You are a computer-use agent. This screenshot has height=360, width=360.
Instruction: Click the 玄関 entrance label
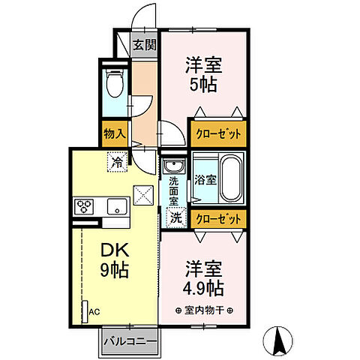145,44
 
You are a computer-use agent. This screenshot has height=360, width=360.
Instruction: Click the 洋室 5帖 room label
202,75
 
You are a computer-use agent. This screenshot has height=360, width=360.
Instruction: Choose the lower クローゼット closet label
218,218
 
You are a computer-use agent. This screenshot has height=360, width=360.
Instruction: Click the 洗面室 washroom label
173,192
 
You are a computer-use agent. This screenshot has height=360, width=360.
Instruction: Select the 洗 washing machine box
174,218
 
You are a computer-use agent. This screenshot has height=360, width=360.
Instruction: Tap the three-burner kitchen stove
82,205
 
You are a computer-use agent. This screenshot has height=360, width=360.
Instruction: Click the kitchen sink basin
116,206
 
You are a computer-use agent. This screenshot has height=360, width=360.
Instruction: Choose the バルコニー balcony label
130,342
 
